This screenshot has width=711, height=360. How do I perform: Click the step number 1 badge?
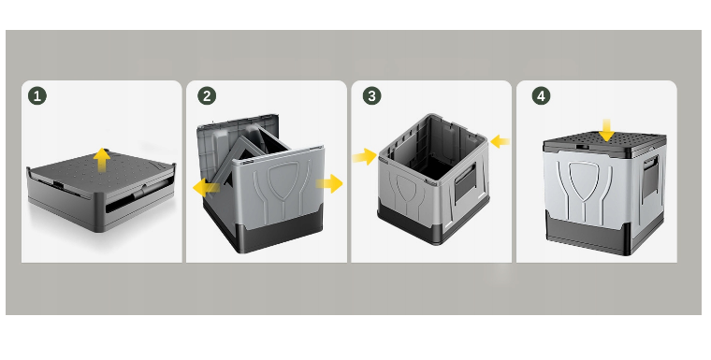click(x=37, y=96)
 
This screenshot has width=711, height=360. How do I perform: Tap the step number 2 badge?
click(x=207, y=96)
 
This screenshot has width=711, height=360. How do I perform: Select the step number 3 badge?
click(x=371, y=96)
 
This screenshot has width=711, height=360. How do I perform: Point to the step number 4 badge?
click(x=541, y=96)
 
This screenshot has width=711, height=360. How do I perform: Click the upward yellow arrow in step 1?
click(x=102, y=160)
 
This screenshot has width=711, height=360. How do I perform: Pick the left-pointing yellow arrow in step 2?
click(x=206, y=187)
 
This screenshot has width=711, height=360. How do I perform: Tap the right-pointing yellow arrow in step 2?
click(x=329, y=183)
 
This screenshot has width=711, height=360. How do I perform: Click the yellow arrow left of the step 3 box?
click(x=365, y=157)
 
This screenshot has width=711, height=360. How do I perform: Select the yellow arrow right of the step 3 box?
click(x=500, y=141)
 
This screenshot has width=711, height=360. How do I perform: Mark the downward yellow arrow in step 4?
click(x=606, y=130)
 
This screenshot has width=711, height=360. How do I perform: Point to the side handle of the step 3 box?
click(x=466, y=182)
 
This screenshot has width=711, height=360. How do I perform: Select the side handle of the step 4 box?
click(x=651, y=177)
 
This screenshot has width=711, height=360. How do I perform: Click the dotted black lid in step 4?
click(x=604, y=144)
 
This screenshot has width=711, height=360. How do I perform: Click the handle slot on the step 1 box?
click(x=136, y=203)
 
